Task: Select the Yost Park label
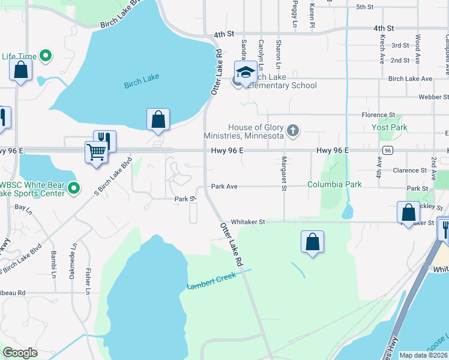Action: click(390, 127)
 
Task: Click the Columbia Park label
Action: click(334, 185)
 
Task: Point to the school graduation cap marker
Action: click(245, 73)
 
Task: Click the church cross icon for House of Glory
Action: click(293, 131)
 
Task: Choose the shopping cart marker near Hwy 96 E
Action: click(96, 151)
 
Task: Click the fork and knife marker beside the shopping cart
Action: click(104, 140)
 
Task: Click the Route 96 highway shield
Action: click(388, 150)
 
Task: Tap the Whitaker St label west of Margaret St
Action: click(248, 222)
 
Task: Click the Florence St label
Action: click(378, 115)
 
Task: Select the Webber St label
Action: click(433, 96)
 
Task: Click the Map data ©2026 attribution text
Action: click(423, 355)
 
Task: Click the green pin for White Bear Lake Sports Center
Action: click(74, 188)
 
